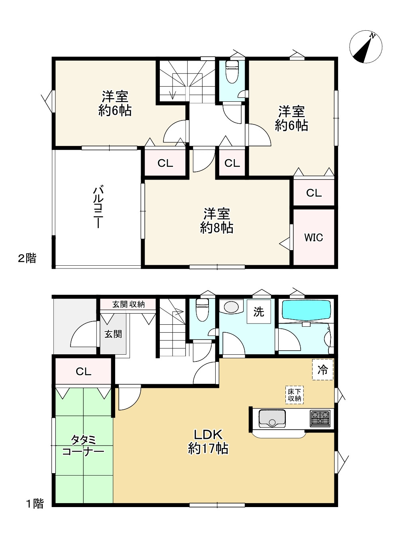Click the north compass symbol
[x=366, y=47]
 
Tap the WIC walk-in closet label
[x=314, y=237]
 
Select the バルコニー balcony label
[x=98, y=207]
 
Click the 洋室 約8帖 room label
[x=216, y=221]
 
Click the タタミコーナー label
[x=83, y=446]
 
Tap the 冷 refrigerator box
[x=322, y=369]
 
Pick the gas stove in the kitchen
[x=320, y=418]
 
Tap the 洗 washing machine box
[x=259, y=312]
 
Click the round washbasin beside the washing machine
[x=231, y=307]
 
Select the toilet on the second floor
[x=232, y=72]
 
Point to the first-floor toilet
[x=202, y=310]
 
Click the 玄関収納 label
[x=128, y=304]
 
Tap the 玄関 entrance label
[x=113, y=334]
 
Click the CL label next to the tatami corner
[x=83, y=371]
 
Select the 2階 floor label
[x=27, y=258]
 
